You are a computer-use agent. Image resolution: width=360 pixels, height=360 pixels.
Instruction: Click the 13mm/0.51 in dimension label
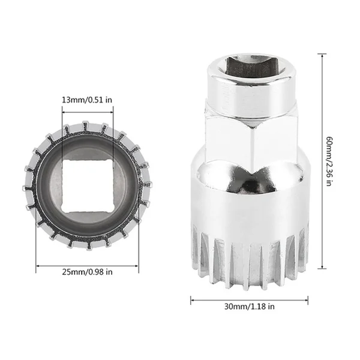(x=87, y=100)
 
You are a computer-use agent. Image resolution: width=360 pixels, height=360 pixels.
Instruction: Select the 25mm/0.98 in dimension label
(x=87, y=272)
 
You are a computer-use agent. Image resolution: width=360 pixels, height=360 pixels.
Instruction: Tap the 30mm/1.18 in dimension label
(x=250, y=306)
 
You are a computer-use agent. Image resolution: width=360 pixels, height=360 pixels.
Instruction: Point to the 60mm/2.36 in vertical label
(x=329, y=161)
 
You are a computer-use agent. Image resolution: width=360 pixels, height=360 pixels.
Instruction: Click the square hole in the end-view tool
(x=88, y=186)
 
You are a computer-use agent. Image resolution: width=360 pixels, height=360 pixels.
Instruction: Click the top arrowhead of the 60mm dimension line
(x=322, y=56)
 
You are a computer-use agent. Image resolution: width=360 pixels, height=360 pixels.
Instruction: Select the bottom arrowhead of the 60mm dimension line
(x=322, y=266)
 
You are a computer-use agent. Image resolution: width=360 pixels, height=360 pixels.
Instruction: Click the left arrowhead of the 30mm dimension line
(x=193, y=300)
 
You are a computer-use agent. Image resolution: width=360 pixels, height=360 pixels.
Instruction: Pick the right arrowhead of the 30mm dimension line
(x=306, y=300)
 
